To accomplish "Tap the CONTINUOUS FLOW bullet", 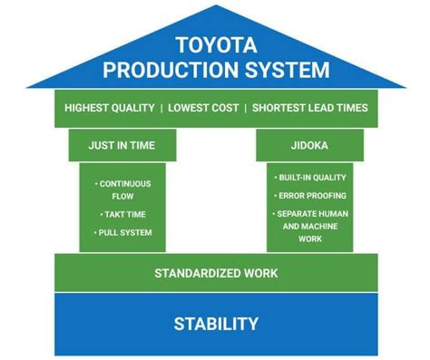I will (125, 189).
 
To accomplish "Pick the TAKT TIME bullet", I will (125, 214).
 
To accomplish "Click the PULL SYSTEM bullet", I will (125, 233).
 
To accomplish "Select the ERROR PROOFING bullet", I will (309, 195).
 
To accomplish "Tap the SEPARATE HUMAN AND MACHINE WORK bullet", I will (309, 226).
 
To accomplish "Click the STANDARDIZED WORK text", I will (216, 273).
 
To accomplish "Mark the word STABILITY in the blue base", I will (216, 324).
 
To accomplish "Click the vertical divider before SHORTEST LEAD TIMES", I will (246, 108).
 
